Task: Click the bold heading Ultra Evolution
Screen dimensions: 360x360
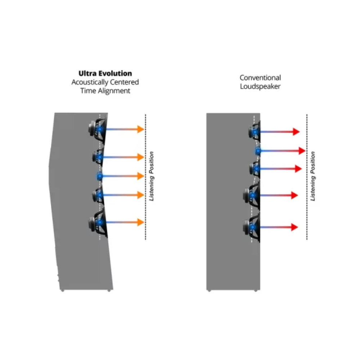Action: [x=105, y=73]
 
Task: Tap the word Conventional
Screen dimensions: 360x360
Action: [x=260, y=78]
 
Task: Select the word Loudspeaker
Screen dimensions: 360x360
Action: [x=260, y=86]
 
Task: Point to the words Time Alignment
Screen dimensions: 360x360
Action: [x=105, y=91]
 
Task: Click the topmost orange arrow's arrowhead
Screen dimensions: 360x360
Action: [x=140, y=129]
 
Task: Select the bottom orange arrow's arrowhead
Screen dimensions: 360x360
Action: [x=140, y=222]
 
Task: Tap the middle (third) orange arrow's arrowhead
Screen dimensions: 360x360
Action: [x=140, y=176]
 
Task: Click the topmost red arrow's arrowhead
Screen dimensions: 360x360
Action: [x=296, y=132]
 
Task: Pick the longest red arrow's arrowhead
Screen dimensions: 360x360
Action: [x=302, y=151]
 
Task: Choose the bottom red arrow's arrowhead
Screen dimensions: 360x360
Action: [x=294, y=227]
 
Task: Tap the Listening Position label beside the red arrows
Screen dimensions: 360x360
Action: [x=313, y=176]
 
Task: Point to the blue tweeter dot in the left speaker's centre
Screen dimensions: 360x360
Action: [x=100, y=176]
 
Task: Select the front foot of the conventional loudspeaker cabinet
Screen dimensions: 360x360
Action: [x=256, y=290]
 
